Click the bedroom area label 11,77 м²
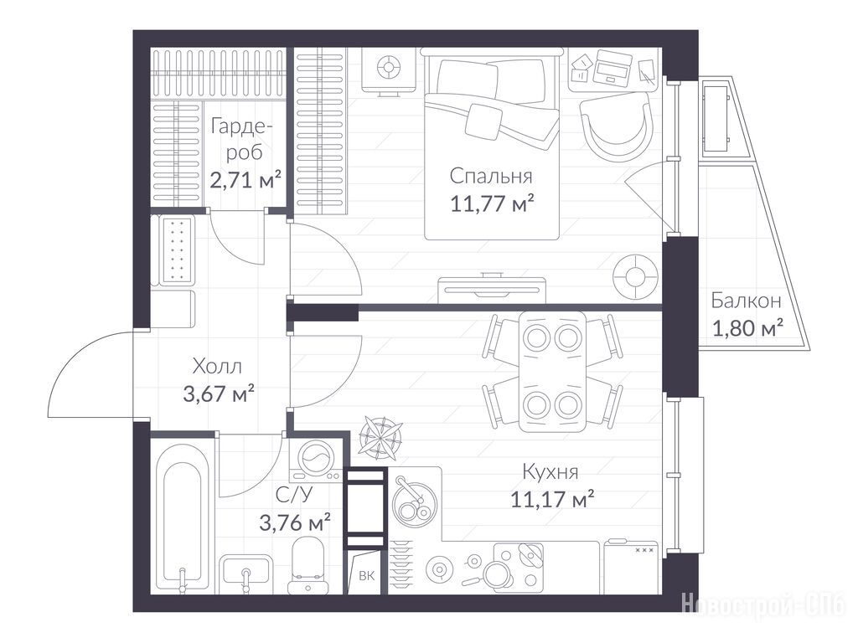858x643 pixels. [492, 204]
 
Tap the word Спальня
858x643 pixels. [491, 176]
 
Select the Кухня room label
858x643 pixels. [550, 471]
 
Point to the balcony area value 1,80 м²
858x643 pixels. [747, 328]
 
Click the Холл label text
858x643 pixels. [217, 366]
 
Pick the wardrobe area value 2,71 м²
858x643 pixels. [246, 179]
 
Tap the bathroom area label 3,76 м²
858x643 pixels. [295, 522]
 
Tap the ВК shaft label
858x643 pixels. [367, 575]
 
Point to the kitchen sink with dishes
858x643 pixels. [414, 501]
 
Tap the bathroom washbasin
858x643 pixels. [246, 571]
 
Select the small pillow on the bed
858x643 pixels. [483, 121]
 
